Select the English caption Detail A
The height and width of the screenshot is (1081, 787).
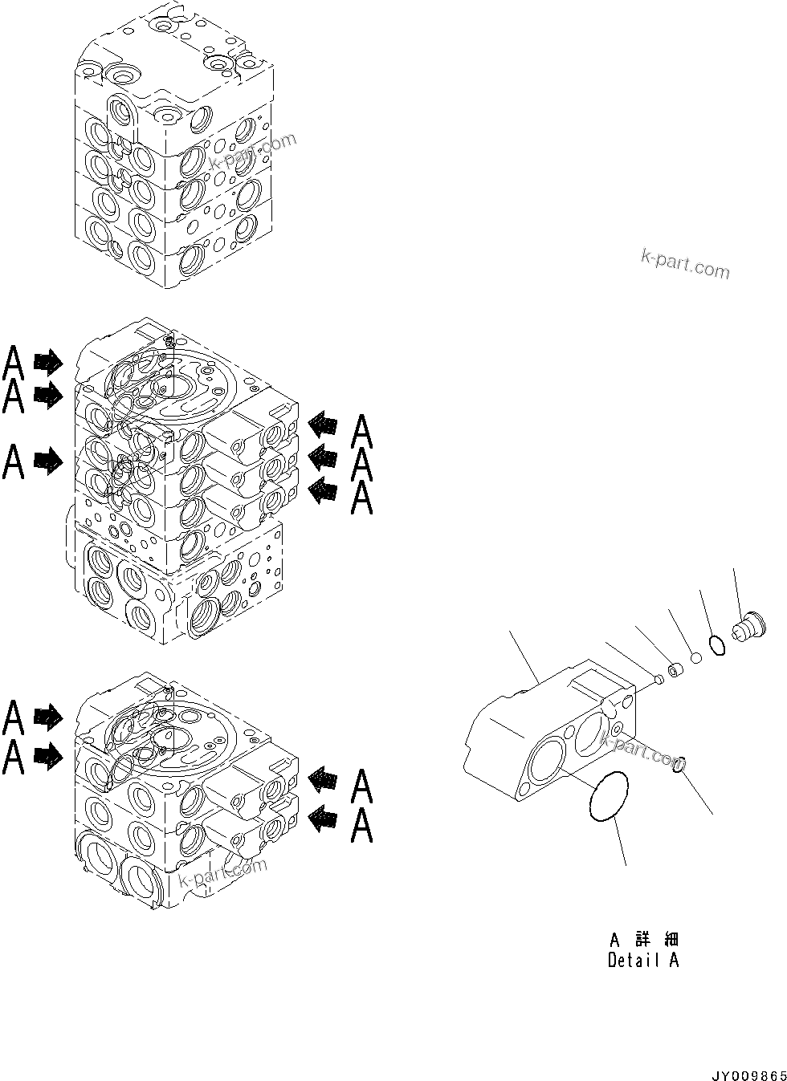pos(643,960)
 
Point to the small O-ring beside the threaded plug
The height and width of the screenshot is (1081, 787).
pos(717,644)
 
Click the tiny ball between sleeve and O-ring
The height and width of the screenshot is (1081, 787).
pos(695,657)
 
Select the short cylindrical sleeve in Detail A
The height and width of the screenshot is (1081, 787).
pos(676,668)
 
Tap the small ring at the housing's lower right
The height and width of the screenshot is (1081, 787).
pos(679,765)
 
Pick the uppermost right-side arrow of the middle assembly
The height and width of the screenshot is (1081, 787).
pos(322,423)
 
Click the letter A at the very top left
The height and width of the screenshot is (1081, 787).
pos(14,364)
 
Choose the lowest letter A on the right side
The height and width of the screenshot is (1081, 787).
pos(362,826)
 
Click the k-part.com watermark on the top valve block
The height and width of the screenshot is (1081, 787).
pos(253,152)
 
